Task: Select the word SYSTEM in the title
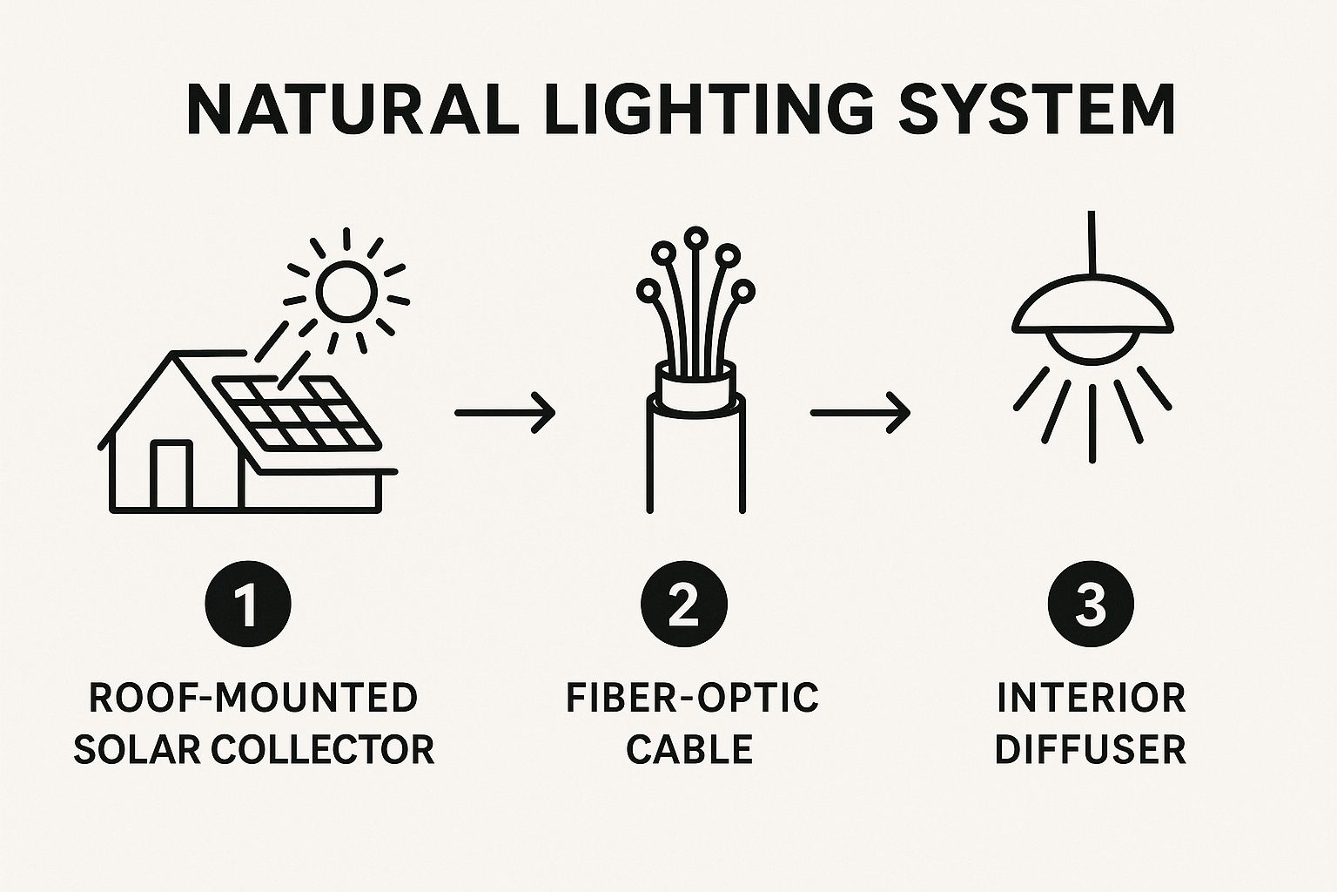coord(1037,110)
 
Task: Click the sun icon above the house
coord(346,289)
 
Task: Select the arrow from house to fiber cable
coord(505,411)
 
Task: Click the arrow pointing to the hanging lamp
coord(860,411)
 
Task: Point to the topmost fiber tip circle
coord(695,237)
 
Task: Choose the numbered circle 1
coord(248,604)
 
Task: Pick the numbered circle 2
coord(683,604)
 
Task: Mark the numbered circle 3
coord(1091,604)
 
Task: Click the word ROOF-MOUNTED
coord(253,699)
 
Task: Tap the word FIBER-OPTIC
coord(692,699)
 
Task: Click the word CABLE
coord(689,749)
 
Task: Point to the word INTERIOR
coord(1091,699)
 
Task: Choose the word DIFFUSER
coord(1091,749)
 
